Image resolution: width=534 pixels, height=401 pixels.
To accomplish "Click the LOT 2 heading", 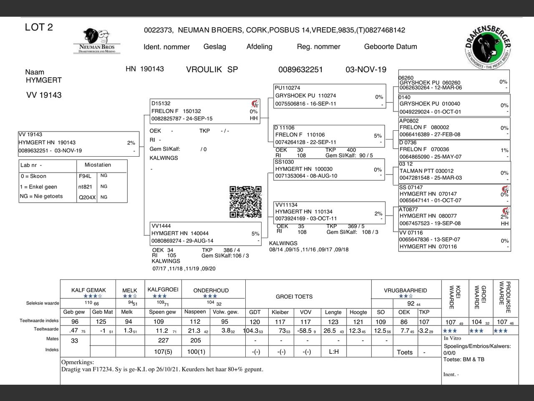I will click(x=39, y=28).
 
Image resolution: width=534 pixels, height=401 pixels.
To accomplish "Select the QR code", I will click(x=245, y=202).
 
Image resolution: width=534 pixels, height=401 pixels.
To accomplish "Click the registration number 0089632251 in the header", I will click(x=300, y=70).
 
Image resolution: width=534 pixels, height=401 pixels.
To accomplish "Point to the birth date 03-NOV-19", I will click(x=366, y=70).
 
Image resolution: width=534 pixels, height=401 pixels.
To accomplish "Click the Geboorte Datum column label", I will click(x=390, y=47).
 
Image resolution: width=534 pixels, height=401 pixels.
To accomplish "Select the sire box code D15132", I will click(x=161, y=104).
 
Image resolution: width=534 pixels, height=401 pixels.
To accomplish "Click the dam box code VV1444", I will click(x=161, y=226).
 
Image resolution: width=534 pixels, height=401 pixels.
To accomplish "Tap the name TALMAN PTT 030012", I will click(x=426, y=171).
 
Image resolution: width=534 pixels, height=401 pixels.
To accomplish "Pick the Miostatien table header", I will click(x=98, y=165).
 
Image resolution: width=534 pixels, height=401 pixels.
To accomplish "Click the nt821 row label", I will click(x=85, y=187).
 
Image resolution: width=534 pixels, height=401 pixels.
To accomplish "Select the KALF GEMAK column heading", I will click(x=88, y=290).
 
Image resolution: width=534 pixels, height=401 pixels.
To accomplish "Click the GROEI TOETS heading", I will click(x=294, y=297).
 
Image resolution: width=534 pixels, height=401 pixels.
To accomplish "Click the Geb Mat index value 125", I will click(x=101, y=322).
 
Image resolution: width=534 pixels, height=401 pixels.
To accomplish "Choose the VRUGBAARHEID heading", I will click(x=406, y=290).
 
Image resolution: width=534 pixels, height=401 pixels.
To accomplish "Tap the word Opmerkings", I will click(x=78, y=362).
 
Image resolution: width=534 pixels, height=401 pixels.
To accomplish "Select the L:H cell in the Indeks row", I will click(x=333, y=352).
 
